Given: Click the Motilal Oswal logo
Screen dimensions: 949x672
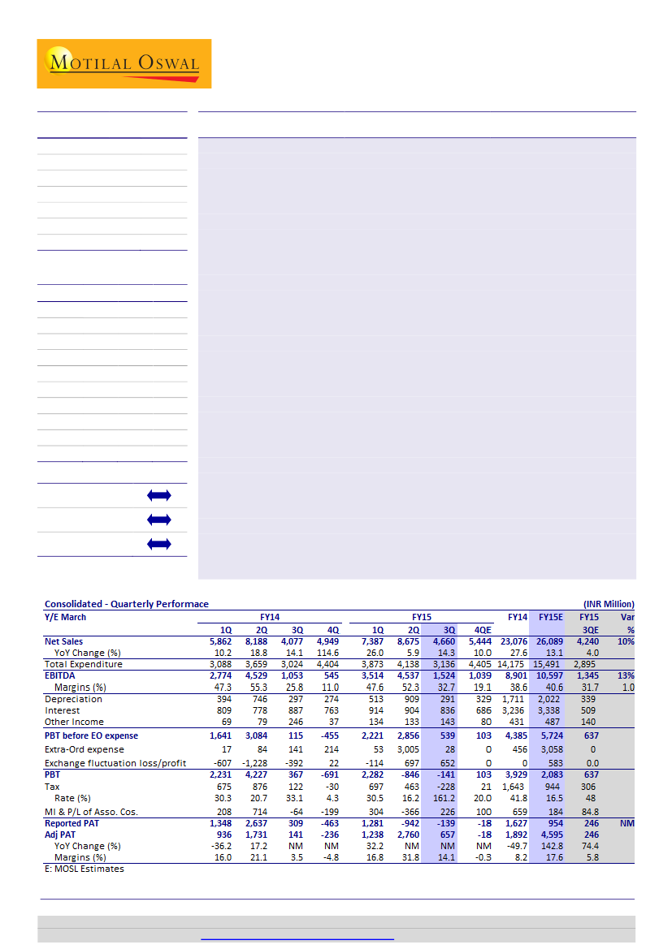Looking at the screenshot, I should coord(124,63).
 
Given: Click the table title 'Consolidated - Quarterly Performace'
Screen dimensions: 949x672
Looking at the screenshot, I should coord(126,604).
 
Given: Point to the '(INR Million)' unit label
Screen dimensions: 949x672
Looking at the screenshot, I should coord(609,604).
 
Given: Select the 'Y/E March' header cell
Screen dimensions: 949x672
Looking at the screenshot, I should coord(65,617).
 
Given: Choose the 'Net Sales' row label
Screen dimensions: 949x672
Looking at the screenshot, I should coord(63,641).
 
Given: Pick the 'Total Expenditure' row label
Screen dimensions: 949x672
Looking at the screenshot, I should coord(84,664).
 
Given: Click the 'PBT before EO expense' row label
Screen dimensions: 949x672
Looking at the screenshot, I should coord(91,735).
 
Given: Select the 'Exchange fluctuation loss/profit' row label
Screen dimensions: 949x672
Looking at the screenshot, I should coord(115,764).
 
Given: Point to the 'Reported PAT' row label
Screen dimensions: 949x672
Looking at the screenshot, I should coord(74,823).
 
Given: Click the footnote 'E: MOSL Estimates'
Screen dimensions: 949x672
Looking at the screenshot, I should coord(85,869).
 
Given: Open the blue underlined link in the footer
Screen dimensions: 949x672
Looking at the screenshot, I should coord(297,938).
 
